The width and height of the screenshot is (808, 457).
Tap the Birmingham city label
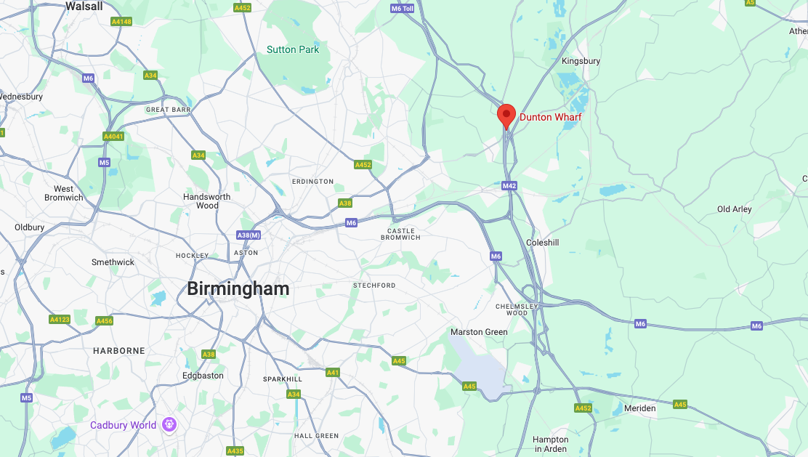tap(238, 288)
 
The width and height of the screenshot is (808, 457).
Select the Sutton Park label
tap(293, 49)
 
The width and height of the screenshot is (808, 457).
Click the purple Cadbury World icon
tap(169, 424)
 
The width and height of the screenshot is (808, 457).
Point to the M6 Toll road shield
tap(402, 9)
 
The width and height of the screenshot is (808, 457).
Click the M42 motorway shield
tap(509, 186)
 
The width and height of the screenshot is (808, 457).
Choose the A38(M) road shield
tap(248, 235)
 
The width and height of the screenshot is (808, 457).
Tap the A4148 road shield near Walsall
tap(121, 22)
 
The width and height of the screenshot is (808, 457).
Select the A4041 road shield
tap(113, 137)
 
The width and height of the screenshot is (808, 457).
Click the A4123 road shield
tap(60, 320)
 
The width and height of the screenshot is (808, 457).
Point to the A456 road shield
tap(105, 321)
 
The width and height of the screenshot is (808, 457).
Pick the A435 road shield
tap(235, 451)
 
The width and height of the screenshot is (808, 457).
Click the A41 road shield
tap(333, 373)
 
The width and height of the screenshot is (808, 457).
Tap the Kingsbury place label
tap(581, 61)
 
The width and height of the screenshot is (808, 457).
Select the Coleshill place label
tap(542, 243)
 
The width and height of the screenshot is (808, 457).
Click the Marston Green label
tap(479, 332)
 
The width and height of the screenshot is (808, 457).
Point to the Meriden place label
tap(639, 408)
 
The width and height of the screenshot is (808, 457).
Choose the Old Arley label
tap(734, 209)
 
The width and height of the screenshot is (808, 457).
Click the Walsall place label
tap(84, 6)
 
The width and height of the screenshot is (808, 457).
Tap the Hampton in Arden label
tap(550, 444)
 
